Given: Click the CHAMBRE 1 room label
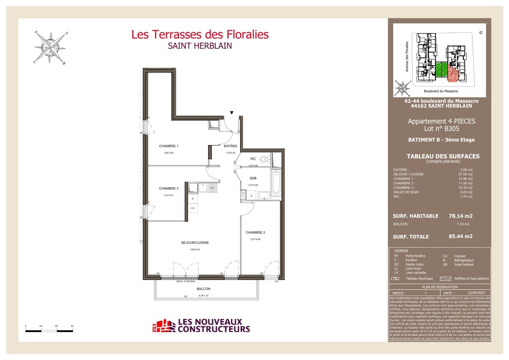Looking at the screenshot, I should click(x=168, y=146).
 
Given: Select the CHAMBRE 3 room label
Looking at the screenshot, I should click(x=168, y=188).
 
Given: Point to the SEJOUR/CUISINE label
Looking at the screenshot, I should click(x=195, y=243).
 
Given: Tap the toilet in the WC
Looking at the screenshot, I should click(x=265, y=159).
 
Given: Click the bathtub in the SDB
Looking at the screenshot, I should click(x=276, y=183).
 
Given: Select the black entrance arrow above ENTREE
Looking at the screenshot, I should click(x=232, y=113).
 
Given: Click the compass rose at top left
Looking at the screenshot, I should click(x=51, y=48).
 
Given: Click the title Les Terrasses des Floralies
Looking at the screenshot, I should click(x=200, y=34).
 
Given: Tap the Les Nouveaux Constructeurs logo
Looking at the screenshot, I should click(x=201, y=326).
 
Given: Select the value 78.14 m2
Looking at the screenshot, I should click(x=461, y=216).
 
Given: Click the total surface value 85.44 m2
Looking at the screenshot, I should click(x=461, y=236).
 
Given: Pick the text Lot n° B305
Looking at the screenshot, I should click(x=441, y=128).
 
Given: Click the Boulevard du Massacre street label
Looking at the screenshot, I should click(x=440, y=91).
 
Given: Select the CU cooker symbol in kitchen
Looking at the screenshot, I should click(x=193, y=208).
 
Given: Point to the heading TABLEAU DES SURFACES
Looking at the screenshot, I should click(x=443, y=156).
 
